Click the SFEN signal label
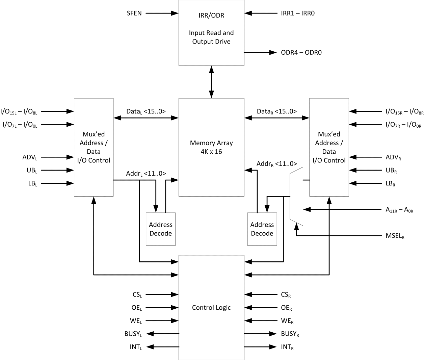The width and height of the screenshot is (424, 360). pos(134,14)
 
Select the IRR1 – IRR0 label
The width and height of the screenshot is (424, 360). pos(297,14)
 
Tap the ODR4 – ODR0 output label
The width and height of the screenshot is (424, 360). pos(301,53)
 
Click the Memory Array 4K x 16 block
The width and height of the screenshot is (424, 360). pos(211,147)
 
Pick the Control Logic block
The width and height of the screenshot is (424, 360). pos(211,307)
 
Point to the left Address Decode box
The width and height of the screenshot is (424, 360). pos(161,229)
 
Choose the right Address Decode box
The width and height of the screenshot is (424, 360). pos(262,229)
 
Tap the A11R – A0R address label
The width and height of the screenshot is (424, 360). pos(399,210)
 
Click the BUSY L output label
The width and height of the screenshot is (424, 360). pos(133,334)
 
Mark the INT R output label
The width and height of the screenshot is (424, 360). pos(287,347)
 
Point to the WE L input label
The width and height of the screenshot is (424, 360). pos(136,321)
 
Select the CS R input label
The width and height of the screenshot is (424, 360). pos(286,295)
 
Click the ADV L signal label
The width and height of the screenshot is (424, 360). pos(30,157)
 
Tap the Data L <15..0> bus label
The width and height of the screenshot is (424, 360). pos(146,111)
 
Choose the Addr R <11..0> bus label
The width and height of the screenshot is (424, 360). pos(276,164)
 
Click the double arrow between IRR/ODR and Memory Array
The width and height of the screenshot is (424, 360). pos(211,82)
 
